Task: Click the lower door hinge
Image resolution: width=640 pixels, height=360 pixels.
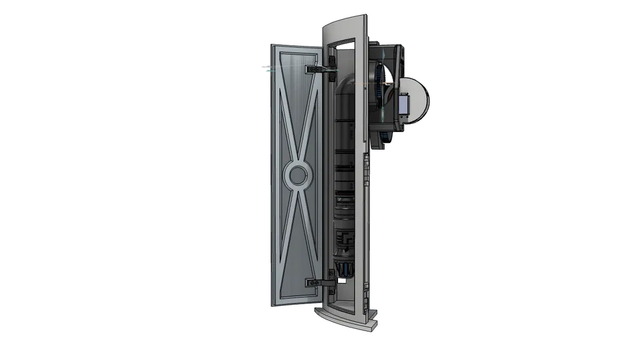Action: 320,282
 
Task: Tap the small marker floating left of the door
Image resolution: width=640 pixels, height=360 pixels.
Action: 266,68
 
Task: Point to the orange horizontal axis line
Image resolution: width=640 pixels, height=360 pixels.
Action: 374,85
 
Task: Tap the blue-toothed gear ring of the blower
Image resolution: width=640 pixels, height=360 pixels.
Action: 377,89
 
